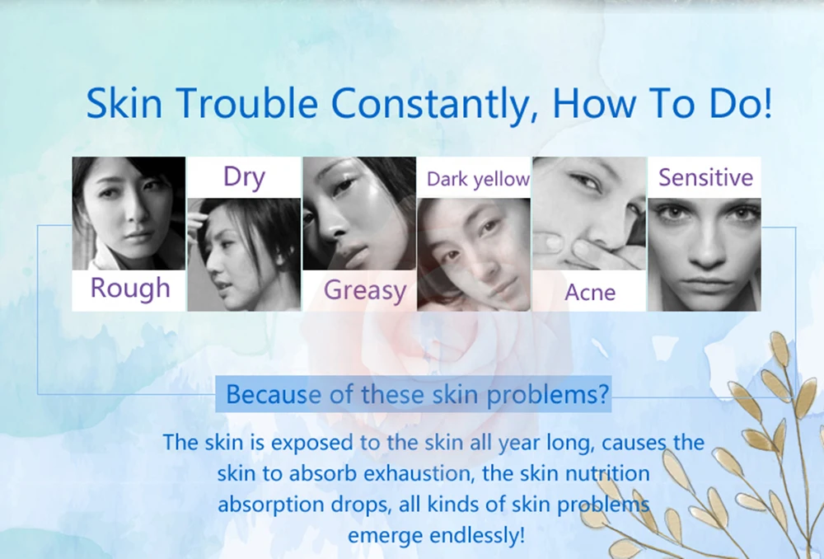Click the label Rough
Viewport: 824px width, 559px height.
[130, 289]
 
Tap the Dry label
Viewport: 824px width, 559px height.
[244, 176]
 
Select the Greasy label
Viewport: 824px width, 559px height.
[365, 290]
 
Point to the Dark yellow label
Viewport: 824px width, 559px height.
[478, 179]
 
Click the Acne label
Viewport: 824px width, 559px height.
[590, 293]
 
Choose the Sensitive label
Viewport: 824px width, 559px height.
[706, 177]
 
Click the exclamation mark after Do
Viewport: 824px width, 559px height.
[766, 102]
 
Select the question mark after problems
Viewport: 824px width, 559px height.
[603, 393]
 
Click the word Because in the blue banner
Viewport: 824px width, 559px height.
[274, 394]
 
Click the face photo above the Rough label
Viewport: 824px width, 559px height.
[129, 213]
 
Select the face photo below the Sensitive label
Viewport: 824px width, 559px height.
[705, 255]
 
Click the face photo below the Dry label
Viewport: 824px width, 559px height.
[244, 255]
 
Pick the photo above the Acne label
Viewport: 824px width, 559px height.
[589, 213]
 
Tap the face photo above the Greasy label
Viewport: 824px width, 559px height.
[359, 213]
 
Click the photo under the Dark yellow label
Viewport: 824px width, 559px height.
[474, 255]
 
